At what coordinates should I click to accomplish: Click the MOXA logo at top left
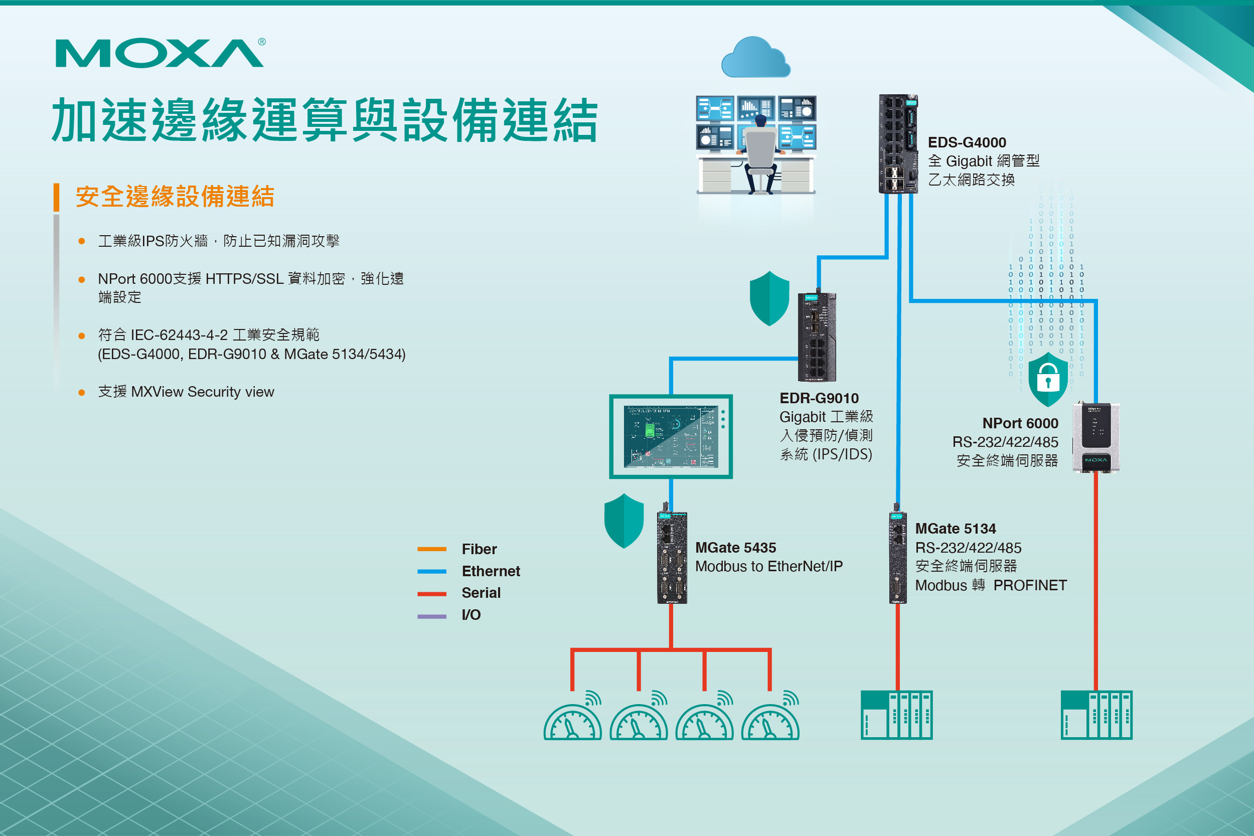(160, 53)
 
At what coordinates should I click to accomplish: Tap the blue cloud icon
(755, 58)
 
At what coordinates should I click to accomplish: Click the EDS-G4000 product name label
(967, 142)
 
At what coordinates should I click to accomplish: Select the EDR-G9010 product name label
(819, 398)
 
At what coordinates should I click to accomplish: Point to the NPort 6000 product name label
(1020, 423)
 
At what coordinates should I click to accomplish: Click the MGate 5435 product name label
(735, 548)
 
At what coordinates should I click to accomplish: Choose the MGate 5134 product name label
(956, 529)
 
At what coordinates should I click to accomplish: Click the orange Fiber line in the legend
(432, 549)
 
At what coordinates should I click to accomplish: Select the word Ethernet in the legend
(491, 571)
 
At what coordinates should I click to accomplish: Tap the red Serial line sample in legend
(432, 593)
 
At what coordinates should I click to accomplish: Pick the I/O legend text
(471, 615)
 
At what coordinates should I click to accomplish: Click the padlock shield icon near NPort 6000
(1048, 380)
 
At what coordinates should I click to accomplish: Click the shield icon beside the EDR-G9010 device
(769, 298)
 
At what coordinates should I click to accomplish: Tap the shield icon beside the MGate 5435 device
(624, 521)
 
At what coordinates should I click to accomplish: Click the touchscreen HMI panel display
(671, 437)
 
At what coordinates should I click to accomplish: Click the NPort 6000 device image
(1095, 437)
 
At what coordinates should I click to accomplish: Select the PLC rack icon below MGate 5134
(896, 715)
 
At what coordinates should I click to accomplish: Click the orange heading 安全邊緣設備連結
(175, 196)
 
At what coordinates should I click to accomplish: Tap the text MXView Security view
(202, 392)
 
